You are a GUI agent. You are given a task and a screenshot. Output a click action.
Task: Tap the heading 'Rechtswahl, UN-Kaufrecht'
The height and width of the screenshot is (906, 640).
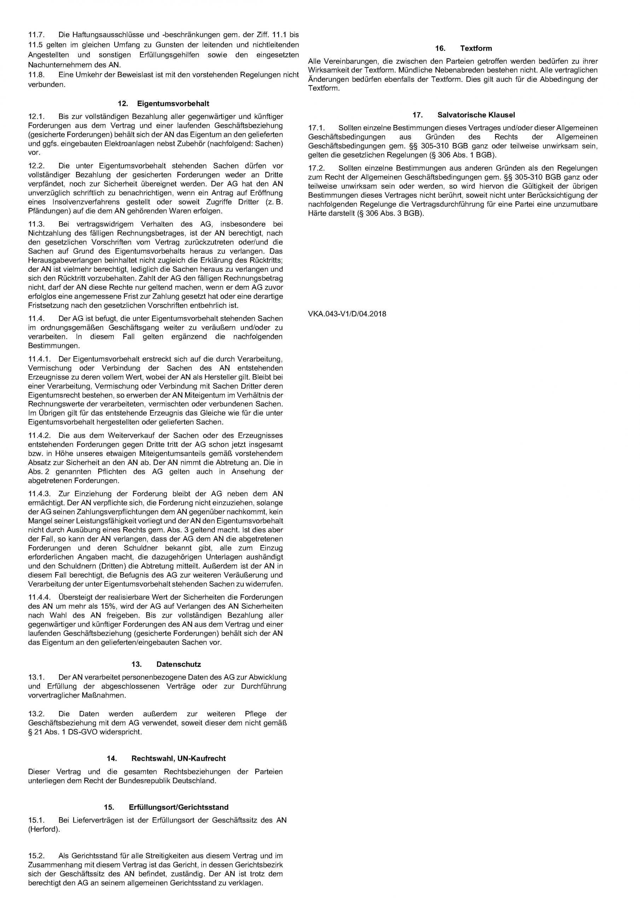pos(178,758)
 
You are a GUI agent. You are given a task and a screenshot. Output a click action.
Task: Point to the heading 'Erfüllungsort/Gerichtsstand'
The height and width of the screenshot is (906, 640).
pos(178,807)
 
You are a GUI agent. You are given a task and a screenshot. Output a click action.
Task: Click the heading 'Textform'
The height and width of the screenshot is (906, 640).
pos(476,48)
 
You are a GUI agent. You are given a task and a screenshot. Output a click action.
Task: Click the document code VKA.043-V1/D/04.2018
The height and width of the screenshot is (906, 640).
pos(347,314)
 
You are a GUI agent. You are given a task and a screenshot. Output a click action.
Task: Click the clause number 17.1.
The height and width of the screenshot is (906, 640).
pos(316,128)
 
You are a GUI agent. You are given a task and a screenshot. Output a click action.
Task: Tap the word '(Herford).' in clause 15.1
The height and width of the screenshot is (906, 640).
pos(44,830)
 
